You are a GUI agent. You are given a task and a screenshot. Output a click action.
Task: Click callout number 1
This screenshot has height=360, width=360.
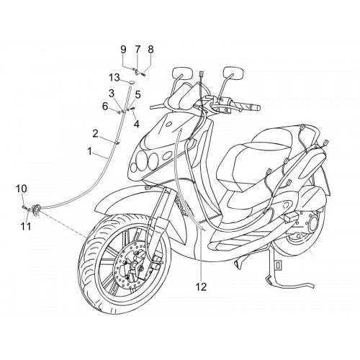tap(89, 152)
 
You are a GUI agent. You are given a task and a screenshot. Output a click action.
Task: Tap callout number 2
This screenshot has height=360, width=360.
tap(96, 134)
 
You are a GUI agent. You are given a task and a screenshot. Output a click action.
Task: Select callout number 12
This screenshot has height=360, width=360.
tap(202, 287)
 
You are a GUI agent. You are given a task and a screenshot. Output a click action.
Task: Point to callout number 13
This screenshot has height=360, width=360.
tap(114, 78)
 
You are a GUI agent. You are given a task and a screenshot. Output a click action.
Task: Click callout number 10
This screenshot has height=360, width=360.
tap(22, 189)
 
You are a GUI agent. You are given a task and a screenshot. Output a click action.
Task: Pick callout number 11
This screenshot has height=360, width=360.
tap(26, 226)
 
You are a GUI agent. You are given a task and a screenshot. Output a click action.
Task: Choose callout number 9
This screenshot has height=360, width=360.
tap(123, 50)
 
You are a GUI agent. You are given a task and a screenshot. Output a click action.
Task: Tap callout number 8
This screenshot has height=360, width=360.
tap(150, 50)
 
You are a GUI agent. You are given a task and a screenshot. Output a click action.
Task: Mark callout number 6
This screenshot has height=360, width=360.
tap(105, 107)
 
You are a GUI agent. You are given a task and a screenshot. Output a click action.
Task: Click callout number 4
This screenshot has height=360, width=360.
tap(137, 124)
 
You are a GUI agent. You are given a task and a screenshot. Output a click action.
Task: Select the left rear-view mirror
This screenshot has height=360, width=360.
tap(183, 73)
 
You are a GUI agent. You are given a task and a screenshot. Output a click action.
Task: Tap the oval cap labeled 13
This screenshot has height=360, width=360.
tap(131, 82)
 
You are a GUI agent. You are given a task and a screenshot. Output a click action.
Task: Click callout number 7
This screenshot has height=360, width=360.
tap(137, 50)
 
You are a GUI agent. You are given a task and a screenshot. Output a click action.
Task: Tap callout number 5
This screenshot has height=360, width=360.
tap(138, 95)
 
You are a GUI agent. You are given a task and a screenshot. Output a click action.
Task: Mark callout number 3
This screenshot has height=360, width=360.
tap(112, 94)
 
